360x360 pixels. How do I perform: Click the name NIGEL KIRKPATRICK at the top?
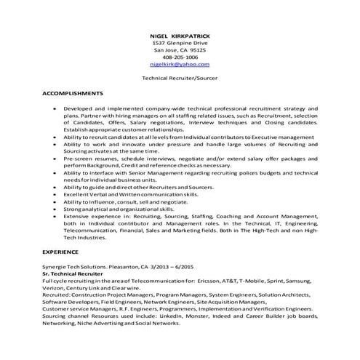pyautogui.click(x=180, y=35)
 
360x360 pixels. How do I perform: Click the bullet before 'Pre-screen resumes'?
pyautogui.click(x=57, y=157)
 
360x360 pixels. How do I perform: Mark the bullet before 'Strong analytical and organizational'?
pyautogui.click(x=57, y=209)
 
